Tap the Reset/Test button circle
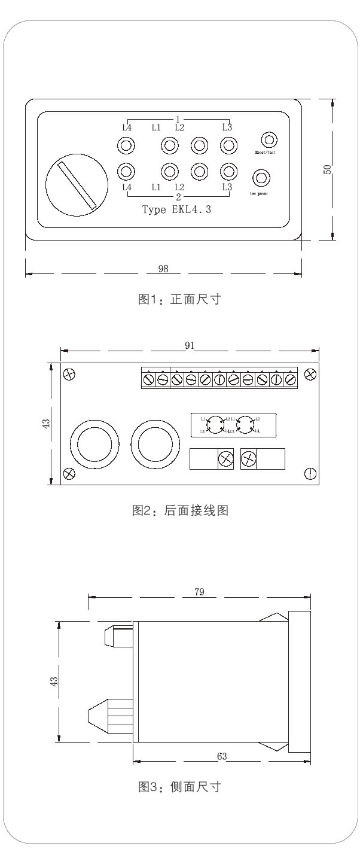[270, 141]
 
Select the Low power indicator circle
[261, 178]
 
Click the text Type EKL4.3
[176, 209]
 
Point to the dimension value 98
[163, 269]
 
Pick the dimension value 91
[190, 345]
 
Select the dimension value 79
[200, 592]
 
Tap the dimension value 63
[222, 756]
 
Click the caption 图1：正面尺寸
[179, 299]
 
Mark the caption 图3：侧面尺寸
[179, 787]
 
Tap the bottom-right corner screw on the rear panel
[310, 473]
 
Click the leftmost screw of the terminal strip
[149, 379]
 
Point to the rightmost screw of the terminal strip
[290, 379]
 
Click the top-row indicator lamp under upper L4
[126, 145]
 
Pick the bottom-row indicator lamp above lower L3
[227, 172]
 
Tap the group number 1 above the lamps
[178, 119]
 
